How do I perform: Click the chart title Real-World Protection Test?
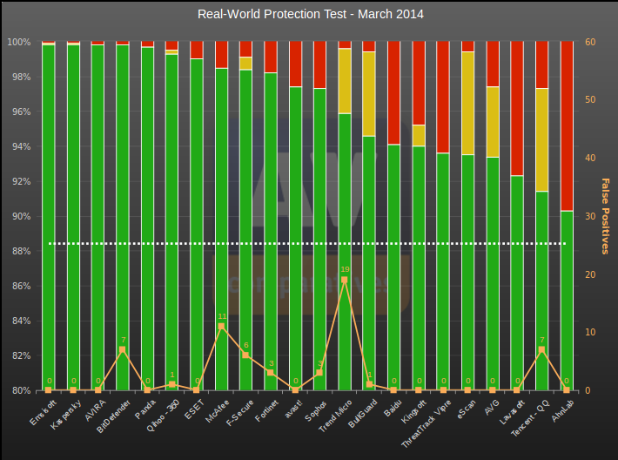[x=311, y=14]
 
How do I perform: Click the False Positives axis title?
[x=606, y=216]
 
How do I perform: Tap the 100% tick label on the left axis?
[x=18, y=42]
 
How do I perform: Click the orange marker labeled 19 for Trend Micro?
[x=345, y=280]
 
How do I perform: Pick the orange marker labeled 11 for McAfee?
[x=221, y=326]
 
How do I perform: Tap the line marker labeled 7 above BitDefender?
[x=123, y=349]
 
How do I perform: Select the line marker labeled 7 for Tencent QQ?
[x=542, y=349]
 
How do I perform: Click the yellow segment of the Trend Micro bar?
[x=345, y=81]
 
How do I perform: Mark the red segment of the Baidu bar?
[x=394, y=92]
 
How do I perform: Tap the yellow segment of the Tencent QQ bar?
[x=542, y=139]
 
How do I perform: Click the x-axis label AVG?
[x=490, y=410]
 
